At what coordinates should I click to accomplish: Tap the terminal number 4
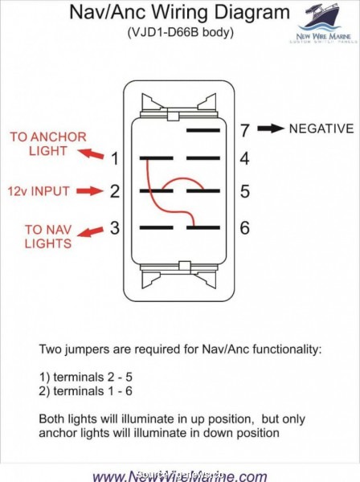[x=244, y=158]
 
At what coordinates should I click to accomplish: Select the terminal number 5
[x=244, y=192]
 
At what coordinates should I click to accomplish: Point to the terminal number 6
[x=244, y=227]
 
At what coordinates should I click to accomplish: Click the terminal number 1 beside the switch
[x=115, y=158]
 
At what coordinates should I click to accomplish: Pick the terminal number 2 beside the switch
[x=115, y=192]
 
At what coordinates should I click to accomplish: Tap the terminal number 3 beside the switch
[x=115, y=227]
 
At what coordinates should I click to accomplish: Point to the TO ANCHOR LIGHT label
[x=37, y=143]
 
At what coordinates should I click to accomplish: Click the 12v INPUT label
[x=39, y=191]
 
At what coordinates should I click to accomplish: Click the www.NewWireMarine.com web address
[x=179, y=475]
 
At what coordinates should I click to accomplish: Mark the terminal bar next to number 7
[x=203, y=129]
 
